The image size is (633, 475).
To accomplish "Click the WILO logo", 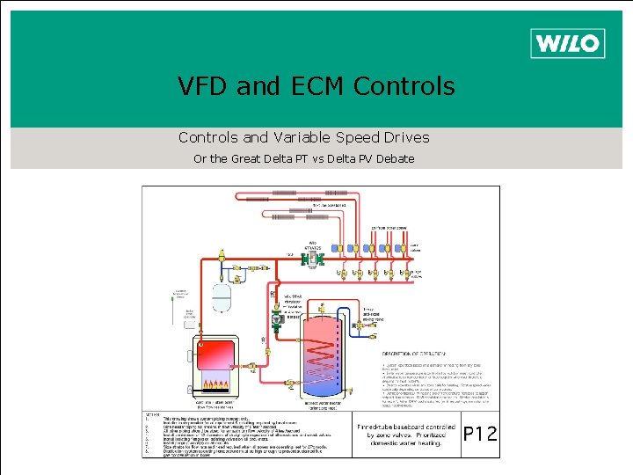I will tap(567, 42).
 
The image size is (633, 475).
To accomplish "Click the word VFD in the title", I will tap(201, 86).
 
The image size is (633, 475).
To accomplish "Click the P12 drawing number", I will tap(479, 434).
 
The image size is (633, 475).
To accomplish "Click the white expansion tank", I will tap(224, 295).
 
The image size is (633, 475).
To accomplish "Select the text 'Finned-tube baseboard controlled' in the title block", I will tap(405, 427).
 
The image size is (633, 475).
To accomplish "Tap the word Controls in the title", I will tap(404, 86).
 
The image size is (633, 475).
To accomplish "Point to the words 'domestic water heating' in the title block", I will tap(405, 444).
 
